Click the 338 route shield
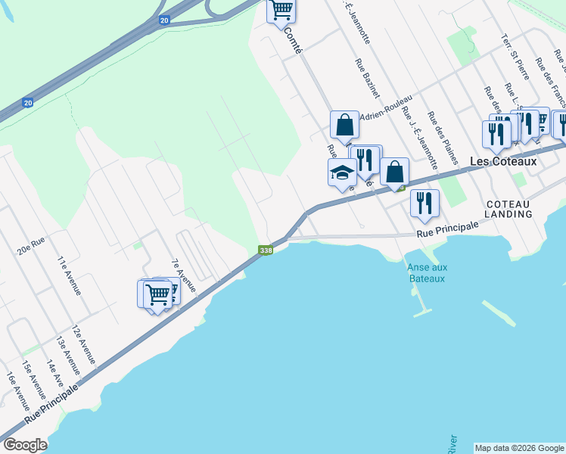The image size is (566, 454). click(265, 250)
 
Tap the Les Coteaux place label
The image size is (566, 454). click(502, 161)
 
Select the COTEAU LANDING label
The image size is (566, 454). click(508, 209)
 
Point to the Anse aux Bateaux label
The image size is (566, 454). click(425, 272)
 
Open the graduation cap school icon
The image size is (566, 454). click(341, 173)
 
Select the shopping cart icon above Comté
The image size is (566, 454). click(281, 10)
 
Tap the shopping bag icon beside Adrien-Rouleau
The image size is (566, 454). click(344, 125)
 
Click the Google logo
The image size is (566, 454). click(24, 445)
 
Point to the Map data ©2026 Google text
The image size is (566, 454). click(519, 448)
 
